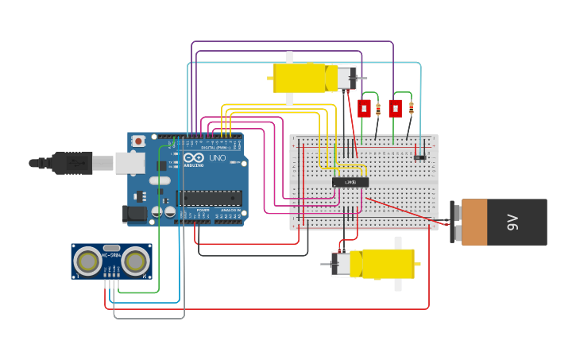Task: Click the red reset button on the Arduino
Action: (138, 141)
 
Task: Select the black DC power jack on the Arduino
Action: (135, 213)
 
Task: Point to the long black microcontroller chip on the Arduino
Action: (209, 198)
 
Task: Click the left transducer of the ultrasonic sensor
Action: (87, 261)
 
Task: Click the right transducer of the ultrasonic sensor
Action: (135, 261)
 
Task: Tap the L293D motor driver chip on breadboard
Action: (350, 182)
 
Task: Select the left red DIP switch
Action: (364, 108)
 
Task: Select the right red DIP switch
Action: (395, 108)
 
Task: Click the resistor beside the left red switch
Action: (378, 109)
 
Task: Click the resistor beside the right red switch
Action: (412, 108)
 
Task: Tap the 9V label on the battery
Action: (512, 223)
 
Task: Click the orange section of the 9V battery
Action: (474, 223)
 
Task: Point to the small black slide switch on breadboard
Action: (419, 157)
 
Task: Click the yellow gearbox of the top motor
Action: (299, 78)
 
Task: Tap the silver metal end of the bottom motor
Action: (341, 264)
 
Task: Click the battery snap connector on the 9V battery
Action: (455, 222)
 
